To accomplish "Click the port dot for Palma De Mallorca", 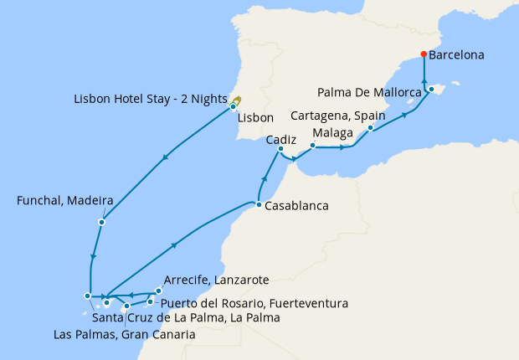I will coord(431,89).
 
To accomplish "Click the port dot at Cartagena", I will coord(369,128).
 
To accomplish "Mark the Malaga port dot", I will coord(311,146).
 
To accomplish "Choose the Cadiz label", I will coord(281,141).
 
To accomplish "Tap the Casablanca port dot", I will coord(259,205).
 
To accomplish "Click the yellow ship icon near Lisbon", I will coord(237,100).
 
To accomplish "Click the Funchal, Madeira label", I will coord(54,202).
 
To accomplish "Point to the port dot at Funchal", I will coord(101,223).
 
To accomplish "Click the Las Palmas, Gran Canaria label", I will coord(124,335).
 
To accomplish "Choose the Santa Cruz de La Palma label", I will coord(185,318).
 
